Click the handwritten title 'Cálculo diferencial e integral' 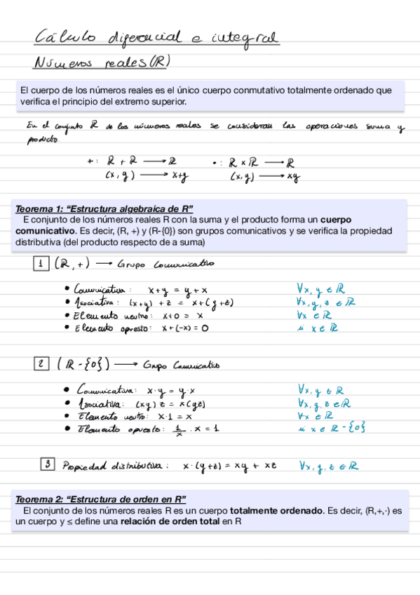(156, 36)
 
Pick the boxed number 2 (42, 363)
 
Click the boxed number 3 (48, 463)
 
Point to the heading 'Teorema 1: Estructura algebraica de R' (104, 209)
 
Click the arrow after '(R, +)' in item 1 (103, 265)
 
